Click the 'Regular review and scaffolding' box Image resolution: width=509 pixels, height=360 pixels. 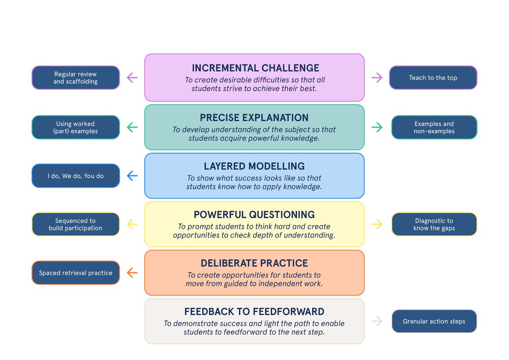point(76,78)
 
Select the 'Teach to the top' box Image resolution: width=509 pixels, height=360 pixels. point(433,78)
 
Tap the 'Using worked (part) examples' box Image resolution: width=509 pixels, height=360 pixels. point(76,127)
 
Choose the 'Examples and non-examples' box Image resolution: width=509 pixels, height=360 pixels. point(434,127)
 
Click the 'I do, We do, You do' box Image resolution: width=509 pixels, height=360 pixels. point(76,176)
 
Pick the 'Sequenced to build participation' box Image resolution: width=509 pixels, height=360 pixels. point(76,224)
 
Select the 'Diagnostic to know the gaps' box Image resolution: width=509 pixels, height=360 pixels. point(434,224)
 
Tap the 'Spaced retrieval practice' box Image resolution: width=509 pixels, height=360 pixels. point(76,273)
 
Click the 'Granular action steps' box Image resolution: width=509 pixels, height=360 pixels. point(434,321)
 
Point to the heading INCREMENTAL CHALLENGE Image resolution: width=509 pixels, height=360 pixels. point(255,68)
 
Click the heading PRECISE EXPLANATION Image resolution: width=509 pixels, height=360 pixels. point(254,118)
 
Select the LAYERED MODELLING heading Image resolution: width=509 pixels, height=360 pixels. point(254,166)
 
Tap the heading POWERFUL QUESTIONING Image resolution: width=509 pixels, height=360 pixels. point(254,214)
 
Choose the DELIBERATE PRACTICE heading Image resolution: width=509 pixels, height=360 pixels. point(254,263)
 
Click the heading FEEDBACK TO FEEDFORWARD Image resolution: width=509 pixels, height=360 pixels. point(254,312)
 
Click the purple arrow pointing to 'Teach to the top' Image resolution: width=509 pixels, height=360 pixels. point(377,78)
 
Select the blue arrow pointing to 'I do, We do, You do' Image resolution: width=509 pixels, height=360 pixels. point(132,176)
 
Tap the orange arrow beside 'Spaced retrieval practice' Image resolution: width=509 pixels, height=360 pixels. point(132,273)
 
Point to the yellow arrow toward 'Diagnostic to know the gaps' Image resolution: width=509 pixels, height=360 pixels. point(377,224)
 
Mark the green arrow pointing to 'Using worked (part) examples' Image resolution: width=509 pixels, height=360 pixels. point(132,127)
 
